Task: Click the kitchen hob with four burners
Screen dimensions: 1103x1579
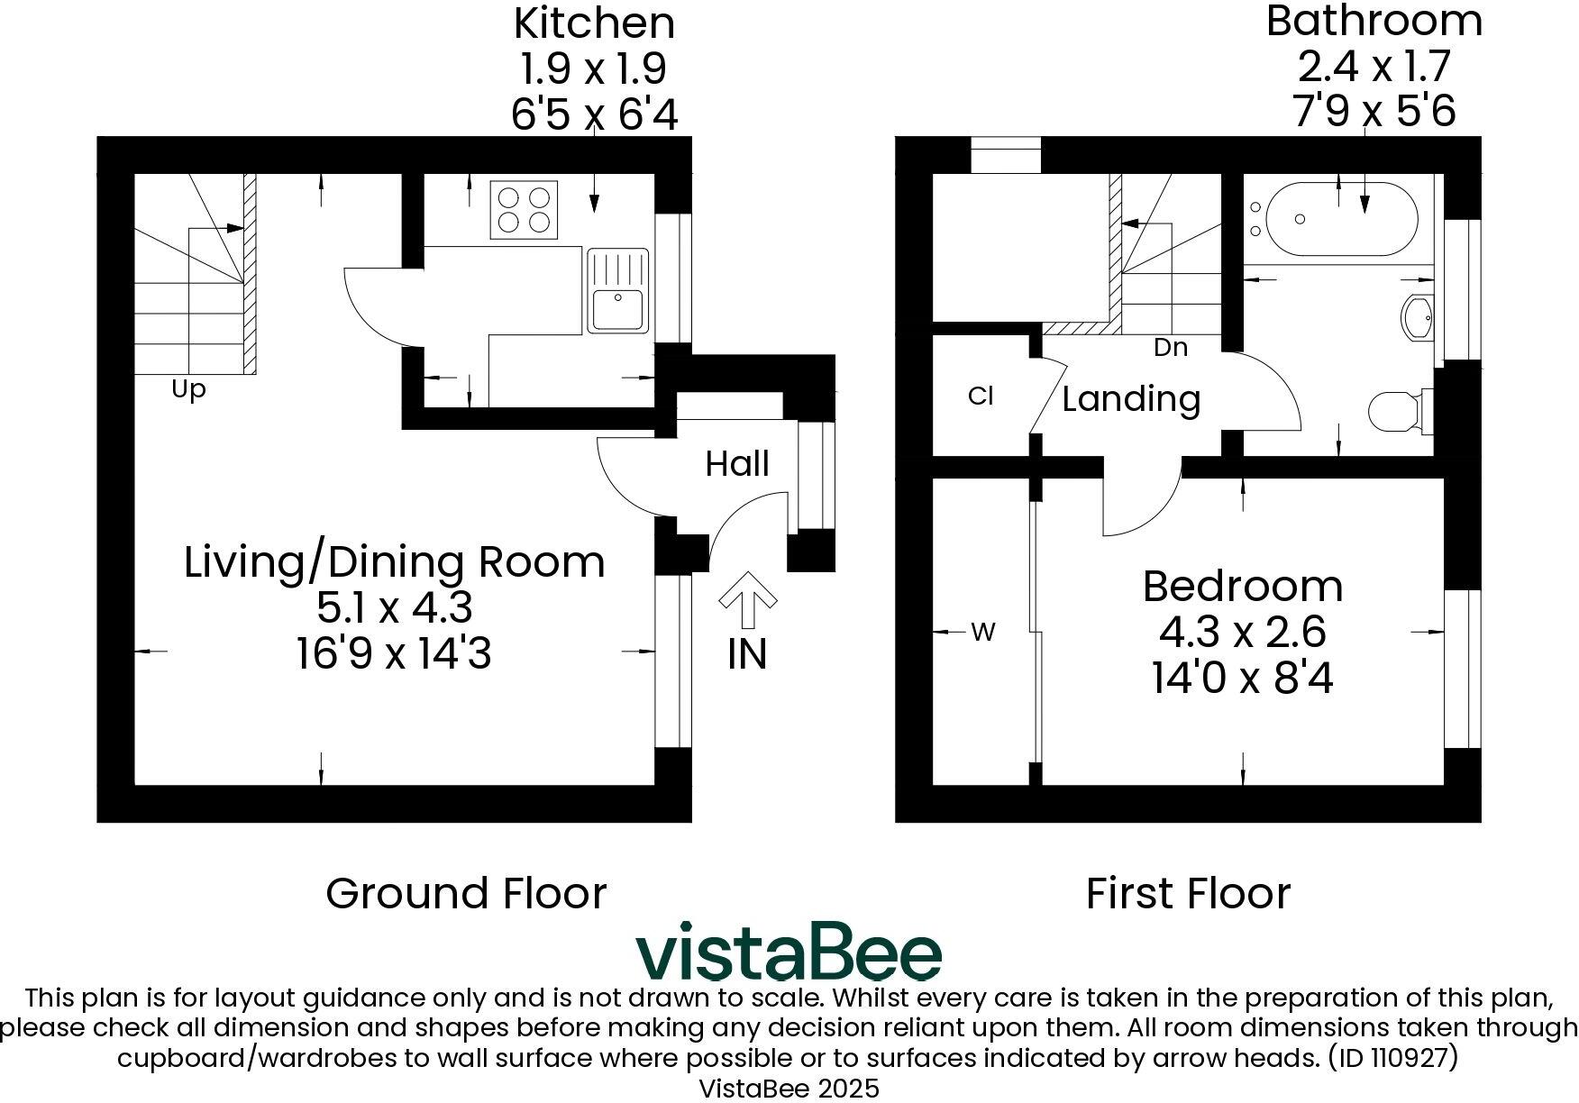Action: pyautogui.click(x=524, y=209)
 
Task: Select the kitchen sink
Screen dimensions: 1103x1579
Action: pyautogui.click(x=618, y=290)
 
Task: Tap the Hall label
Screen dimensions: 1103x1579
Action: pyautogui.click(x=737, y=464)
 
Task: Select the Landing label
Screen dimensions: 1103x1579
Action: pyautogui.click(x=1131, y=399)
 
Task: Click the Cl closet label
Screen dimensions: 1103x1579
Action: pyautogui.click(x=981, y=397)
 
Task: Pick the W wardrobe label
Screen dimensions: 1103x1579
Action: pyautogui.click(x=983, y=633)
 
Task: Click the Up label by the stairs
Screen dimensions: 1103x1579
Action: pyautogui.click(x=188, y=390)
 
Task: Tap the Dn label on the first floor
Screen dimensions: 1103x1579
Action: pyautogui.click(x=1171, y=348)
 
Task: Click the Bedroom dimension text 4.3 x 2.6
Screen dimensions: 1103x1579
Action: pyautogui.click(x=1242, y=632)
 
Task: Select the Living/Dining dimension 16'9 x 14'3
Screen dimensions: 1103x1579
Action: pyautogui.click(x=394, y=653)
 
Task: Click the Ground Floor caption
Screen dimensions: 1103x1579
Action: pyautogui.click(x=466, y=894)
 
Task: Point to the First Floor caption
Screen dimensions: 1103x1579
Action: pyautogui.click(x=1188, y=894)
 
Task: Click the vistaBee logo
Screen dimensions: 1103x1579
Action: pyautogui.click(x=789, y=952)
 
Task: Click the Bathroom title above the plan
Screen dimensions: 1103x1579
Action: pyautogui.click(x=1374, y=22)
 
